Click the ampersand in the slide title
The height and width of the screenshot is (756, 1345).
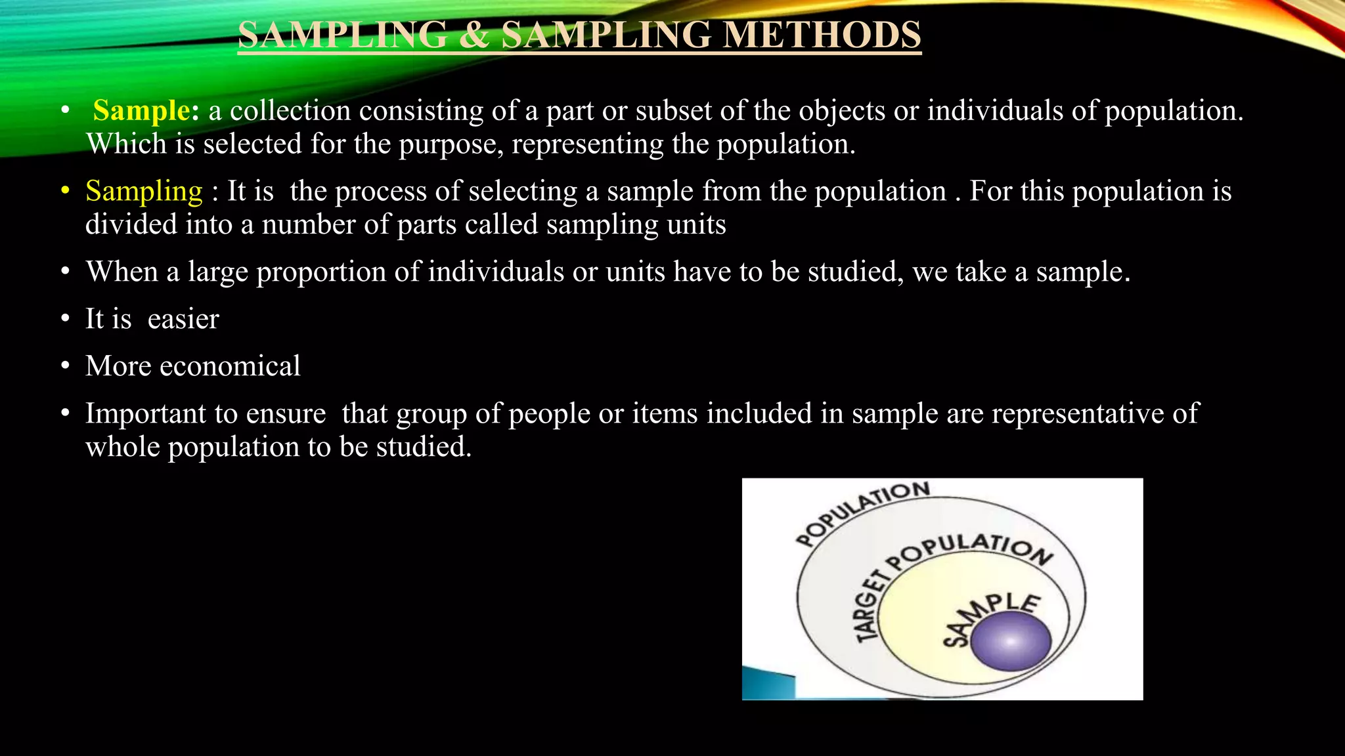(x=474, y=35)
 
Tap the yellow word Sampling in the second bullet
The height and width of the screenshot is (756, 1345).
(x=144, y=191)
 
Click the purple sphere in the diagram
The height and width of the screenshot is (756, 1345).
(x=1011, y=640)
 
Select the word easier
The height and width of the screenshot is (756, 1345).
(x=183, y=319)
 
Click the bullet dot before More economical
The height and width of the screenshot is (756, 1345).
(x=65, y=366)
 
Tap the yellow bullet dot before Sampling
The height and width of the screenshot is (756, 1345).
(x=65, y=191)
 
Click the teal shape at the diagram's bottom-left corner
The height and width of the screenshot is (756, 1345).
(x=768, y=684)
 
